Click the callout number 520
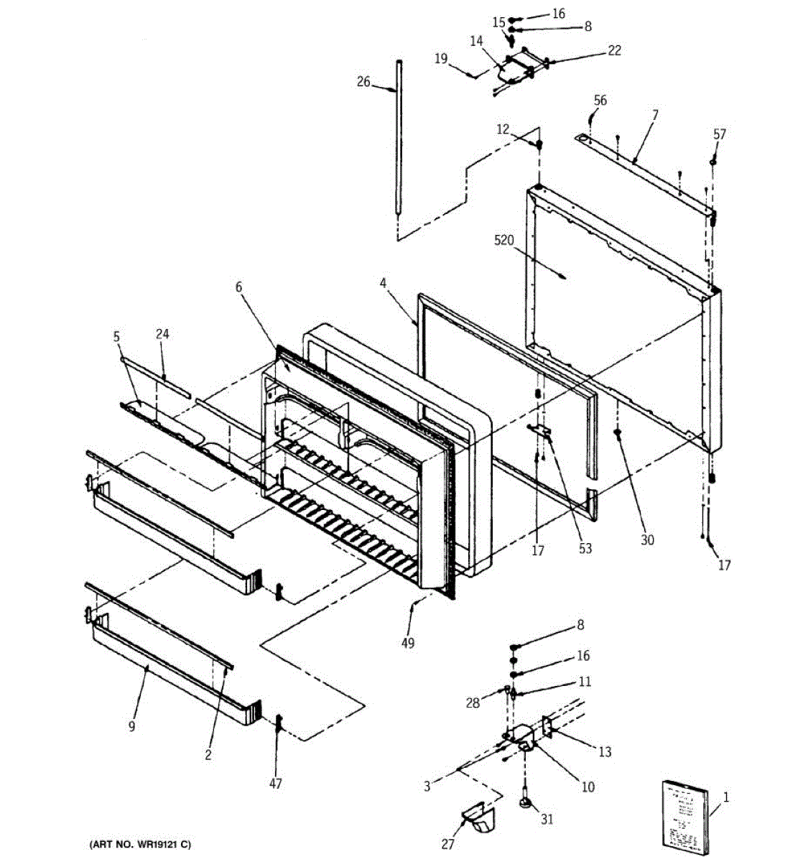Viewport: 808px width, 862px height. (x=504, y=240)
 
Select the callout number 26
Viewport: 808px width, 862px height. (x=364, y=82)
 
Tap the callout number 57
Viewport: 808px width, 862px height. (x=720, y=134)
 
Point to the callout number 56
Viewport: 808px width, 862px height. (x=600, y=101)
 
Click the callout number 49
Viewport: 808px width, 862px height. (x=408, y=643)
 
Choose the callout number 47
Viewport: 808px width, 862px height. (x=276, y=783)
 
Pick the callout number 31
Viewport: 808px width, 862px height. (x=547, y=818)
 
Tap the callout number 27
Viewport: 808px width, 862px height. (x=447, y=844)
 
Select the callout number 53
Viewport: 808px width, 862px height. (x=585, y=548)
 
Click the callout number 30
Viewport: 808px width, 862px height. (x=647, y=540)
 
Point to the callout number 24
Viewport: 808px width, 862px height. (x=163, y=333)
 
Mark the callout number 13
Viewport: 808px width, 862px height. (x=605, y=751)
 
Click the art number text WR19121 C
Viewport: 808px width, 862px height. (x=141, y=844)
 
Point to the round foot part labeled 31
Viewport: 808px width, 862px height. (x=527, y=802)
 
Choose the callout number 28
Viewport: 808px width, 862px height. (x=473, y=703)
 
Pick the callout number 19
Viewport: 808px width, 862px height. (x=441, y=58)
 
